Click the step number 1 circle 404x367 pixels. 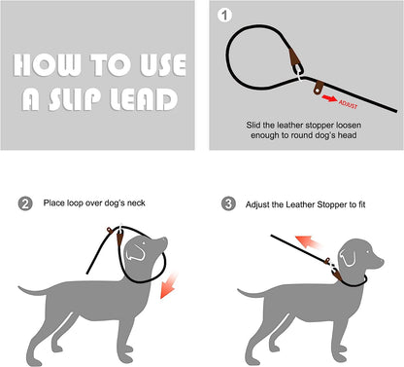pos(227,17)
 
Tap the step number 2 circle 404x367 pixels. pos(26,204)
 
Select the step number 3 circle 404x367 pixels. pos(229,204)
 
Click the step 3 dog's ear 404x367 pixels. pos(351,259)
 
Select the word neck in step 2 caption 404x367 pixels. pos(137,204)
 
